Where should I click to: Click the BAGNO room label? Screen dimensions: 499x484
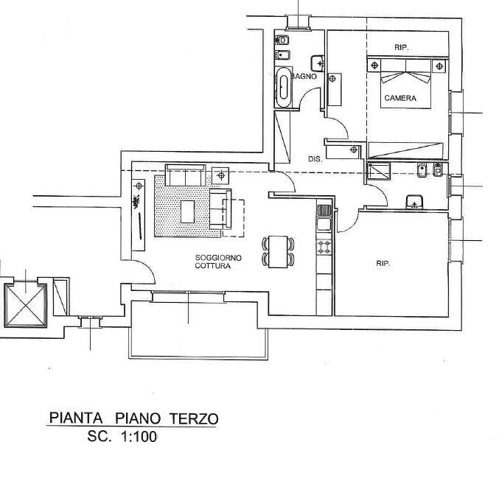click(x=304, y=77)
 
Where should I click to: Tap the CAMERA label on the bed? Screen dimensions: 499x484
click(x=400, y=98)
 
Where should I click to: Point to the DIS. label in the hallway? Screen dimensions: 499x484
click(x=315, y=159)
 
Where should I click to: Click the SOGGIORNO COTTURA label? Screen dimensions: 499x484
click(x=218, y=262)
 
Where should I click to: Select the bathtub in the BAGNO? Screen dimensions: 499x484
click(x=283, y=87)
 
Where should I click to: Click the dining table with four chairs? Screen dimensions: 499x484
click(x=278, y=252)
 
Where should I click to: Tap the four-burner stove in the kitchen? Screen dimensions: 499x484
click(x=324, y=247)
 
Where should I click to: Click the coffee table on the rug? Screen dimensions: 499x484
click(x=187, y=211)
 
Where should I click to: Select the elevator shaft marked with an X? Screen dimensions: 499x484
click(x=26, y=305)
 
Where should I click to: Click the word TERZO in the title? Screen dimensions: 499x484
click(x=194, y=418)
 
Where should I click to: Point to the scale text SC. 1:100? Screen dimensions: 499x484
click(x=122, y=437)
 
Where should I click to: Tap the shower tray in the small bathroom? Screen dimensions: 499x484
click(x=379, y=171)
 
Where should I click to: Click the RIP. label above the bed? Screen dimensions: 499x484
click(x=402, y=48)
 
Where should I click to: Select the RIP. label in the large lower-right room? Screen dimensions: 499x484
click(x=383, y=263)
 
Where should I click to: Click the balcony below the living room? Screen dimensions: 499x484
click(x=198, y=330)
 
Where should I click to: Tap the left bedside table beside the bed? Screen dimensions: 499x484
click(x=374, y=66)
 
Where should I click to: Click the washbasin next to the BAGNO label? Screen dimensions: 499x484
click(x=318, y=64)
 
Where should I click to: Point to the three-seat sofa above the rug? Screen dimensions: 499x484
click(x=185, y=175)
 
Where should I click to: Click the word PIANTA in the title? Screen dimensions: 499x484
click(x=76, y=418)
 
